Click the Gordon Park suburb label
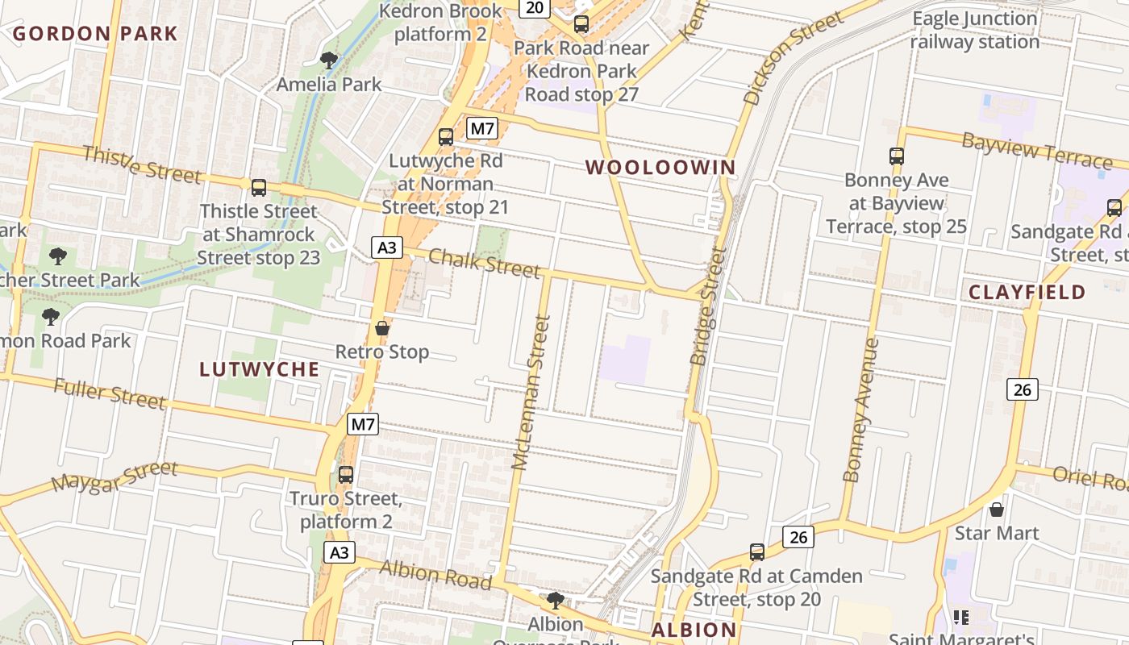pos(94,34)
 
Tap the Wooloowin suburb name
pos(660,168)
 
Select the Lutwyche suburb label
pos(259,369)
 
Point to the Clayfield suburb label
pos(1027,292)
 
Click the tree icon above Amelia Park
pos(328,60)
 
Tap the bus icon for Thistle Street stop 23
pos(259,188)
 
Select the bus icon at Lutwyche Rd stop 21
pos(445,137)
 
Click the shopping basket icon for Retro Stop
pos(382,328)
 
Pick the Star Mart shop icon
pos(997,510)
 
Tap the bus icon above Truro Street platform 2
pos(346,475)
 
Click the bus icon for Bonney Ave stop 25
pos(896,156)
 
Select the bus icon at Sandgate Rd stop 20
pos(756,552)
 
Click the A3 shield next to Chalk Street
pos(387,247)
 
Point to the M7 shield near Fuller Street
pos(363,424)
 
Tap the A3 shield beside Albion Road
pos(340,552)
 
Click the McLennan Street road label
pos(530,393)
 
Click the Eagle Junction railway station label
pos(974,30)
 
